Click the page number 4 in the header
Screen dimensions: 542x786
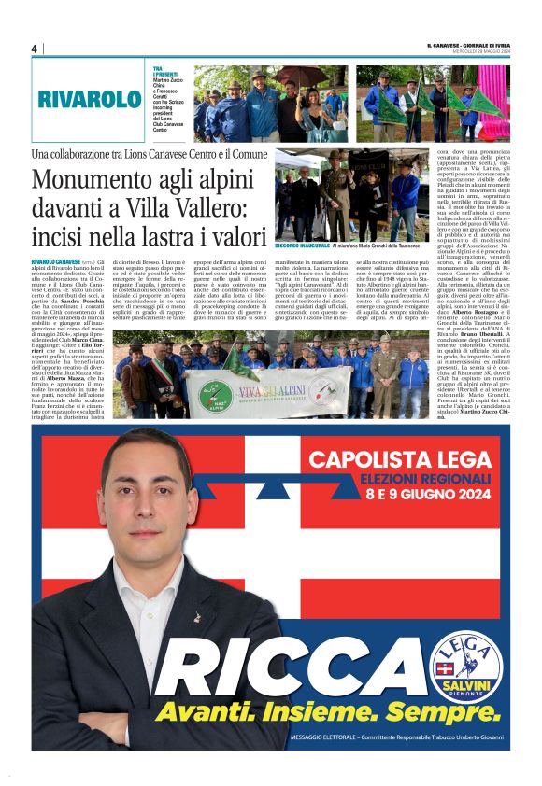click(x=34, y=49)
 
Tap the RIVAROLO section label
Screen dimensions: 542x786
click(x=90, y=100)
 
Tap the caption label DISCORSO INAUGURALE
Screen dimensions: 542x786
click(x=302, y=246)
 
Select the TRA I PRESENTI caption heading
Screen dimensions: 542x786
click(x=165, y=73)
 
